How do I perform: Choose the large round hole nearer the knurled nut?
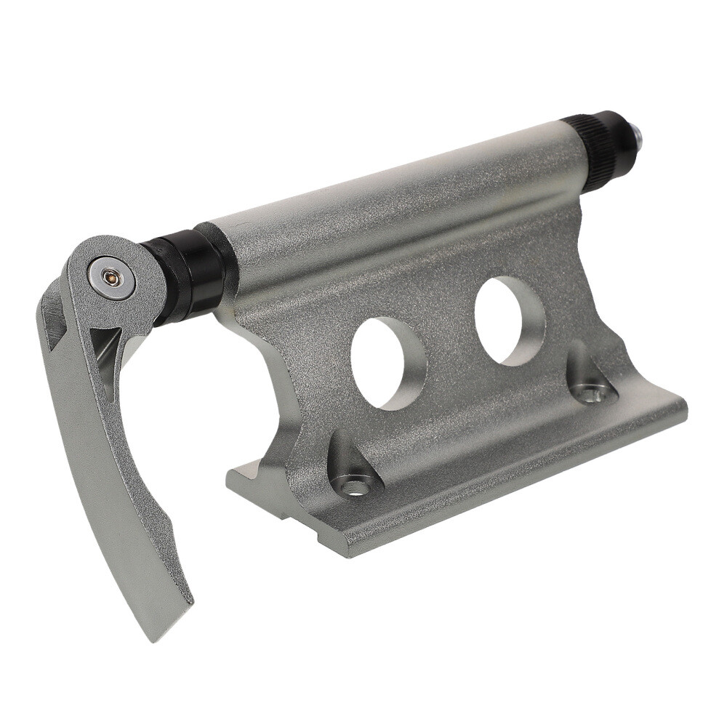[x=510, y=320]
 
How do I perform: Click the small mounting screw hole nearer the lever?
[x=354, y=486]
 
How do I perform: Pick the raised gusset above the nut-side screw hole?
[x=582, y=363]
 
